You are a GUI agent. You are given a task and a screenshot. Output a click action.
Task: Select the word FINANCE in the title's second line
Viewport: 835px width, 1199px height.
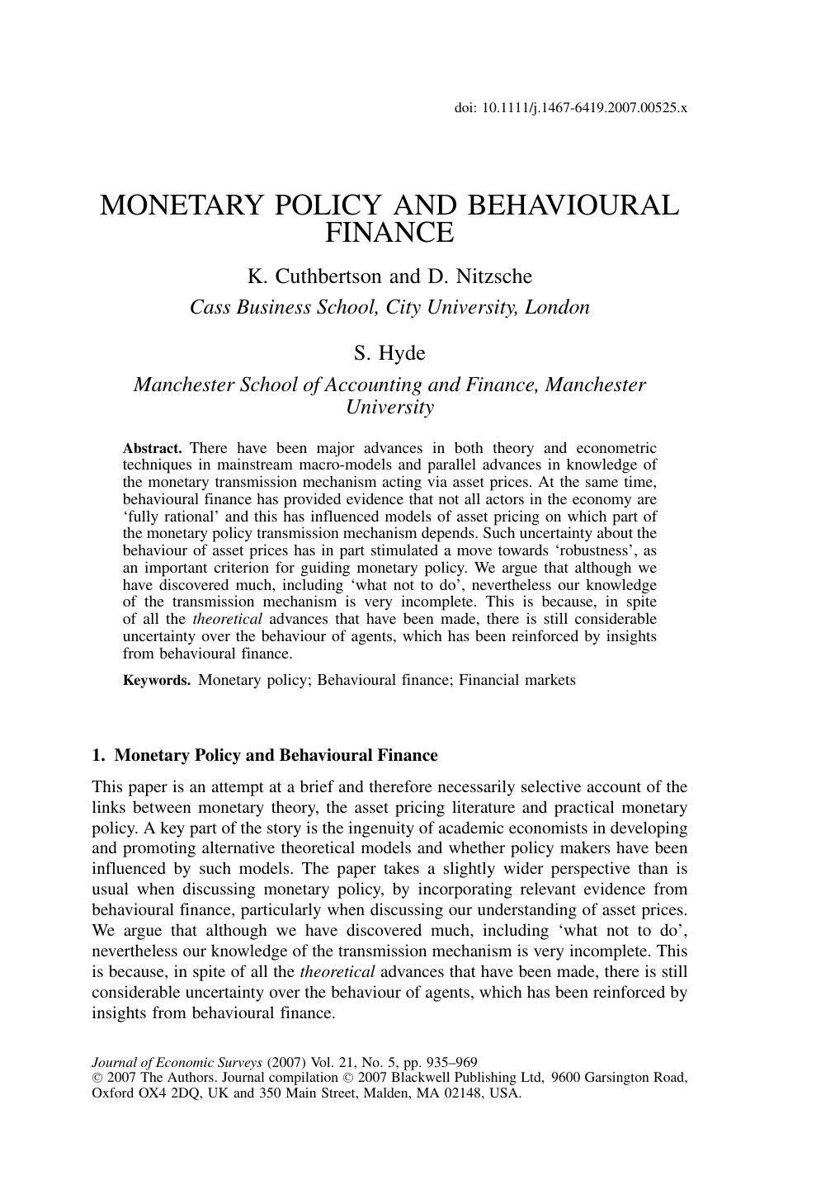coord(389,234)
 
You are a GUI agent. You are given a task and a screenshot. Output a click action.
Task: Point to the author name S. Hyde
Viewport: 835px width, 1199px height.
coord(389,353)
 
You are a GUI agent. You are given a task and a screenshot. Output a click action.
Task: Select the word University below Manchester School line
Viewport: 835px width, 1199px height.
coord(389,407)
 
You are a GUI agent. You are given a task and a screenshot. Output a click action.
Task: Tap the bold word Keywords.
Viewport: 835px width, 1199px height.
coord(157,681)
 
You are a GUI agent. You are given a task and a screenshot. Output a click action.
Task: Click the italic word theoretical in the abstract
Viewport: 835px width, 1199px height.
coord(228,619)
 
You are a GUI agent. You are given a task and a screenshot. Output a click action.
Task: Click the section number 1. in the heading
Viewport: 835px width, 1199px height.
coord(99,756)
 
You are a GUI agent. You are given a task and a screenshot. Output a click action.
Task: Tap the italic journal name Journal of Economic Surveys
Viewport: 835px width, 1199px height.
coord(177,1063)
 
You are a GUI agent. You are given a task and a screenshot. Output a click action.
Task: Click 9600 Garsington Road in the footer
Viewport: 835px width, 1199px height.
coord(619,1078)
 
